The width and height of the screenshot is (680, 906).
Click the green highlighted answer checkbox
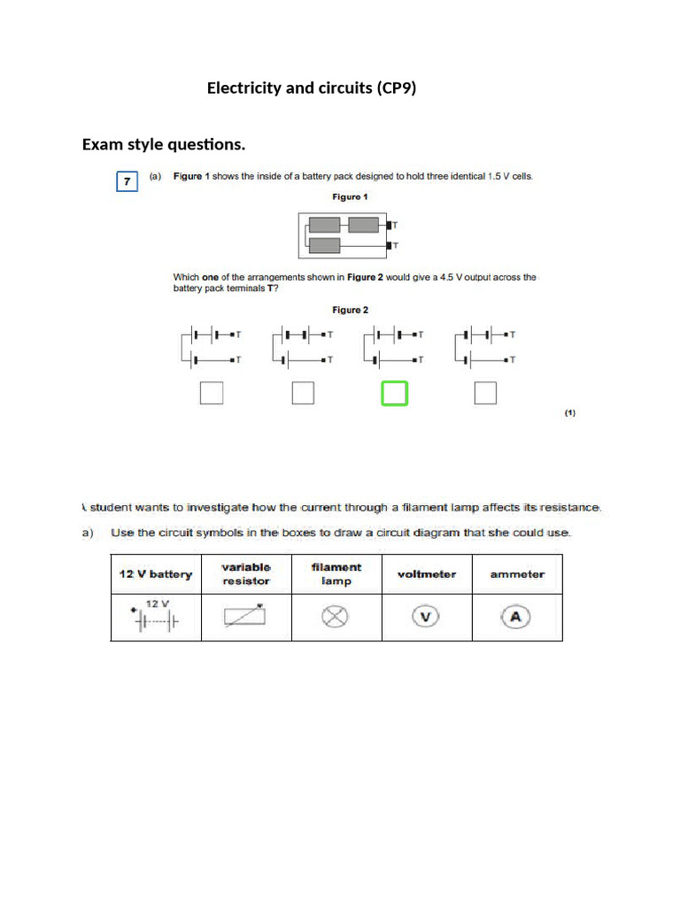(x=394, y=393)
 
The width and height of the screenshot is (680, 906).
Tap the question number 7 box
(x=127, y=181)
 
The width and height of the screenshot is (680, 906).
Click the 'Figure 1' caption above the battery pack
(x=350, y=196)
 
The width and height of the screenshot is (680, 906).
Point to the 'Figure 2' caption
(x=350, y=310)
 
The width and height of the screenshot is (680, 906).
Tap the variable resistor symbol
(x=245, y=617)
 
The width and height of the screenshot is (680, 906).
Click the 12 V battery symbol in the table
(x=156, y=617)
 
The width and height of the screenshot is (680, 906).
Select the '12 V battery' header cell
(x=156, y=574)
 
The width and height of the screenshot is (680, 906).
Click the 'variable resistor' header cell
(x=246, y=574)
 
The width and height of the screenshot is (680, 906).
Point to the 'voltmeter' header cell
(x=427, y=574)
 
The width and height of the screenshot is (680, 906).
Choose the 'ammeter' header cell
(x=517, y=574)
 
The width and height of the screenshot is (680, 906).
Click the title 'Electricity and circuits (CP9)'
(x=311, y=88)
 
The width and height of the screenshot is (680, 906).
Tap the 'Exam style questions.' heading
(x=164, y=143)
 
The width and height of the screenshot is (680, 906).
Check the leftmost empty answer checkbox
(x=212, y=393)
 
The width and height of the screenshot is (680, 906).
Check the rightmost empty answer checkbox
(x=485, y=393)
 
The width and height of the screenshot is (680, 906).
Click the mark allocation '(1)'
(x=570, y=412)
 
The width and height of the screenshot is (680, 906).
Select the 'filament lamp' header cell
(x=336, y=574)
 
